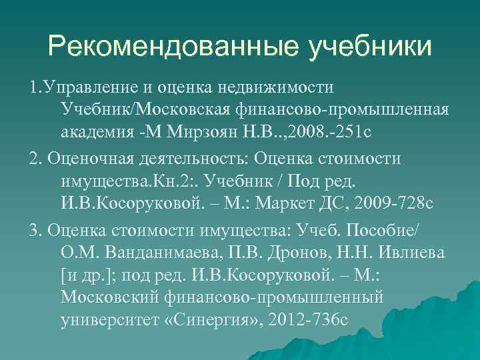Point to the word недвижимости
coord(286,87)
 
